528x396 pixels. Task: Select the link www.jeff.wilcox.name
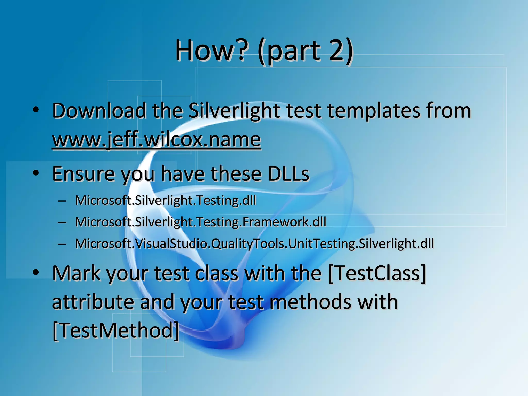[156, 140]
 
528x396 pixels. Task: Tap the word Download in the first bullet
[99, 111]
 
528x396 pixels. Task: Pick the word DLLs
[288, 174]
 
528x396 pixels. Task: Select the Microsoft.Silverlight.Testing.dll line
[166, 200]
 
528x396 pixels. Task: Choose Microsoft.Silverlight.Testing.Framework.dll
[201, 222]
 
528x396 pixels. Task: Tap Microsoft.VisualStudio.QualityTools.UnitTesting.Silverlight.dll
[254, 244]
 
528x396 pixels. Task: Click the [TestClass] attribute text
[377, 273]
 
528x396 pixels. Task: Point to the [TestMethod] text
[116, 331]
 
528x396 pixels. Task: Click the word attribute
[93, 302]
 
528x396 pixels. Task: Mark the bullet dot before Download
[36, 110]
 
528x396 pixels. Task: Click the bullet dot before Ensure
[36, 173]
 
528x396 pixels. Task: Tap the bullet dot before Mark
[36, 273]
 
